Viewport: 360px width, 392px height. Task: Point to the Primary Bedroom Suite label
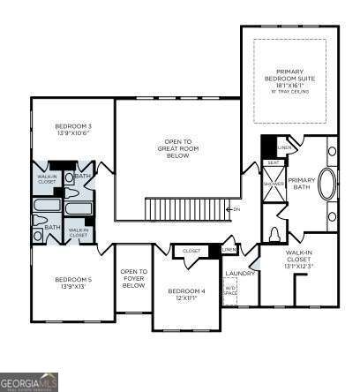(x=289, y=79)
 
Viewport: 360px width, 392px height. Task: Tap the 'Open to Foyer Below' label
(x=133, y=279)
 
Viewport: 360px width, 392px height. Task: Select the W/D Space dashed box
(x=230, y=291)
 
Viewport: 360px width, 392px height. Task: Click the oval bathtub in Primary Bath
(x=326, y=187)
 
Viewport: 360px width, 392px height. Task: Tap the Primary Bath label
(x=302, y=183)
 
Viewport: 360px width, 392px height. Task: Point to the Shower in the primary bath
(x=273, y=185)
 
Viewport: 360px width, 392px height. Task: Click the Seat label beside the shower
(x=274, y=162)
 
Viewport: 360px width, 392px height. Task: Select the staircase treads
(x=184, y=210)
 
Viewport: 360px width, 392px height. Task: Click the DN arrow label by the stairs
(x=235, y=209)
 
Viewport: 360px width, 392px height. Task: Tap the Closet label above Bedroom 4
(x=191, y=251)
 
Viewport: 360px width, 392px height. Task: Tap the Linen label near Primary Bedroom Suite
(x=284, y=147)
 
